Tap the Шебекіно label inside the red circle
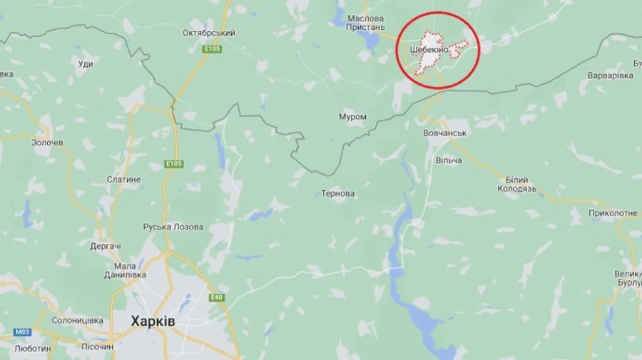coord(429,49)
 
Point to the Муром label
coord(352,117)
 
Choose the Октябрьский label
coord(209,33)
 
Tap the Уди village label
coord(84,64)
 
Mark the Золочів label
coord(47,143)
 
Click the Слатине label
coord(123,180)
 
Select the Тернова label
coord(338,194)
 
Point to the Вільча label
coord(448,160)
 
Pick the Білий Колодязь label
coord(521,184)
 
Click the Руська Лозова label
coord(173,227)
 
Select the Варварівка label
coord(610,76)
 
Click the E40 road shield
coord(217,297)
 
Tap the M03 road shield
coord(22,332)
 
